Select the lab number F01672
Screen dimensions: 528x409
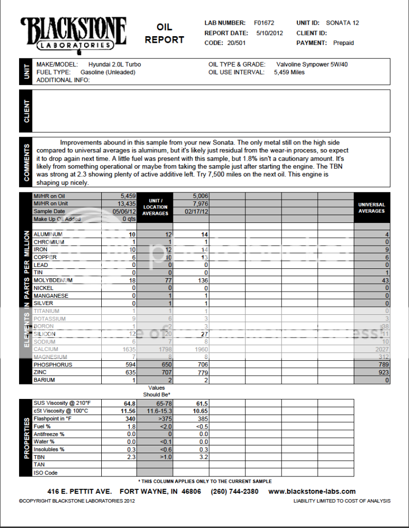coord(264,23)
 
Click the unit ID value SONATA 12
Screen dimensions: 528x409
coord(342,23)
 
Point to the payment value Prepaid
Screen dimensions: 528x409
coord(343,43)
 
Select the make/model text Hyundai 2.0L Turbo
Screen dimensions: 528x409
coord(115,65)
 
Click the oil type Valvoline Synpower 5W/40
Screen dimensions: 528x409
coord(316,65)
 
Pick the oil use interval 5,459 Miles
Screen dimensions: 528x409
coord(289,72)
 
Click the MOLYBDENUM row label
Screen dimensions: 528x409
coord(53,280)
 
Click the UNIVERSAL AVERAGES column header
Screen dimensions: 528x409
coord(372,207)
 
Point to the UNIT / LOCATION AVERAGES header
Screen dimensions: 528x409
coord(155,207)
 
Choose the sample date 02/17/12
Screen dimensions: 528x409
coord(191,211)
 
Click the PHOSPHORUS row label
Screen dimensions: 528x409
coord(53,364)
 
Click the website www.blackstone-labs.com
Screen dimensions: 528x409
coord(312,491)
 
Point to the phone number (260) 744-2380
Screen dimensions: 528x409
coord(234,491)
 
